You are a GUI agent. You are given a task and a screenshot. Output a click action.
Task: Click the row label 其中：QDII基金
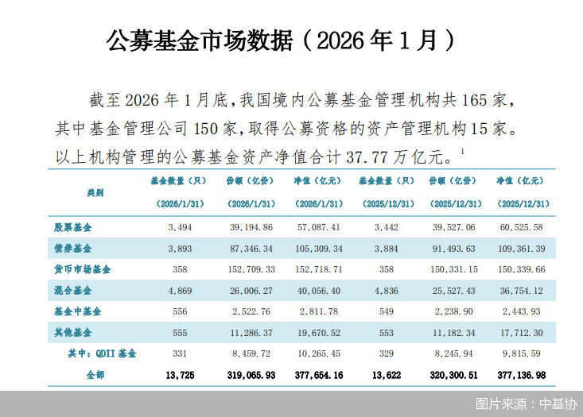coord(103,353)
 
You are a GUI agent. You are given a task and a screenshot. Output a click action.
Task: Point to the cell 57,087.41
coord(318,227)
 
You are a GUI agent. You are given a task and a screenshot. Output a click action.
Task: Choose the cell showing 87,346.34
coord(250,249)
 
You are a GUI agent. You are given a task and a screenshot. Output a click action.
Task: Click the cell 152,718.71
coord(318,269)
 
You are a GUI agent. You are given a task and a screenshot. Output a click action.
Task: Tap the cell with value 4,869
coord(181,290)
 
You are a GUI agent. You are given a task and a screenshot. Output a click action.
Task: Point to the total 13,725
coord(181,374)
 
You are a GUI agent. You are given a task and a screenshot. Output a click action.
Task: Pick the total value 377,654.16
coord(318,374)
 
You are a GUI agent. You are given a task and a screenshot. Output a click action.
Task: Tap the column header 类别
coord(95,192)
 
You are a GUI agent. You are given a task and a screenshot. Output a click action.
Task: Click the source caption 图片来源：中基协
coord(526,403)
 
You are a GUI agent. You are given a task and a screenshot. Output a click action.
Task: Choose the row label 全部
coord(95,374)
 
